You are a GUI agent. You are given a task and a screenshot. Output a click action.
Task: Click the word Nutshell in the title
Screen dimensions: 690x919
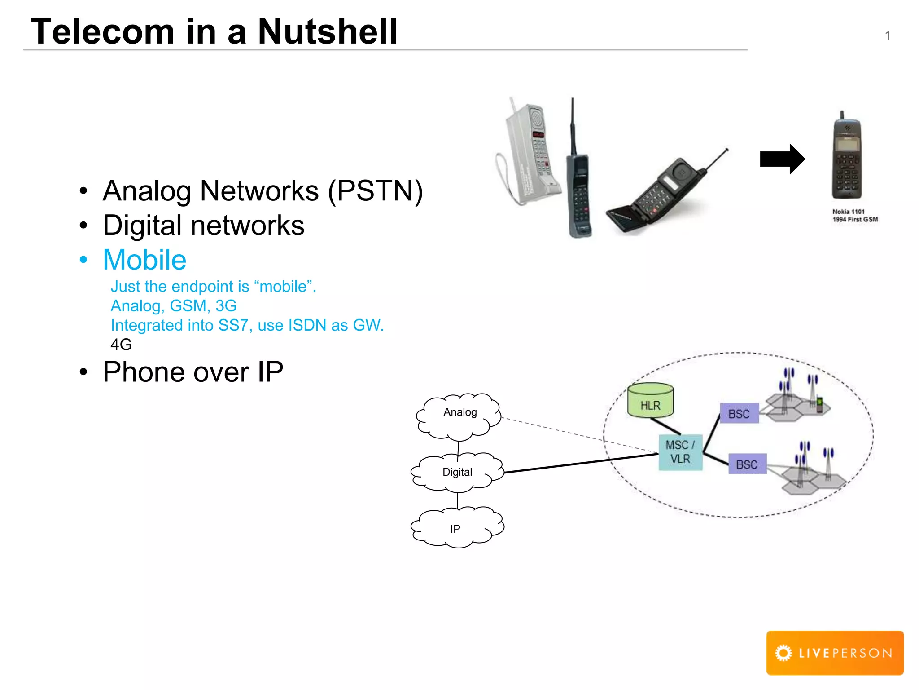point(328,31)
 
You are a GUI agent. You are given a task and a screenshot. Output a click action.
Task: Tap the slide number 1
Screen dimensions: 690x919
point(887,35)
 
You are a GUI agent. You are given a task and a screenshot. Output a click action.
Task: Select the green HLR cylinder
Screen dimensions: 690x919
point(650,401)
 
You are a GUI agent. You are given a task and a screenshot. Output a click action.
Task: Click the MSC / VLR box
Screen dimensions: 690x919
point(680,452)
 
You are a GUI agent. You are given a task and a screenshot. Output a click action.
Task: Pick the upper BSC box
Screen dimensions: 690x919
point(739,414)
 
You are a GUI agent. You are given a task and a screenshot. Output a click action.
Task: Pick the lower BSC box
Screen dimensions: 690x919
point(747,464)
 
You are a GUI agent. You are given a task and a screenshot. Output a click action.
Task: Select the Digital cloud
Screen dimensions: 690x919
point(457,472)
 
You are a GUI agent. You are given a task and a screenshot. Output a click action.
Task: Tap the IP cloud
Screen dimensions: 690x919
point(456,528)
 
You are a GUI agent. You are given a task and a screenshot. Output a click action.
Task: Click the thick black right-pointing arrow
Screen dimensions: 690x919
point(781,159)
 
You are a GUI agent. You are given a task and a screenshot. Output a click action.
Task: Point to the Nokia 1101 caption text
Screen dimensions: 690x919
point(854,216)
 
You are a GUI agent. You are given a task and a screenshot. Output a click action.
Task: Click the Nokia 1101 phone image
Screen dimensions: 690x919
point(846,157)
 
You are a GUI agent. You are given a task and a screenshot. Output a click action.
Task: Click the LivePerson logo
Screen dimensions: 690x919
point(835,653)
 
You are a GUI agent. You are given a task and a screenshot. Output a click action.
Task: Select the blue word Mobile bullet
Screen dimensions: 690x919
point(144,260)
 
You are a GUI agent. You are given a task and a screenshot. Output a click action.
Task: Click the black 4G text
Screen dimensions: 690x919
point(121,345)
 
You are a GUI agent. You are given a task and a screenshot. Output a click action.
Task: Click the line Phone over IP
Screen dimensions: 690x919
point(193,372)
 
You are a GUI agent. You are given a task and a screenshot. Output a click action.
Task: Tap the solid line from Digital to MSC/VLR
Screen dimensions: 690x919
point(583,463)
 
